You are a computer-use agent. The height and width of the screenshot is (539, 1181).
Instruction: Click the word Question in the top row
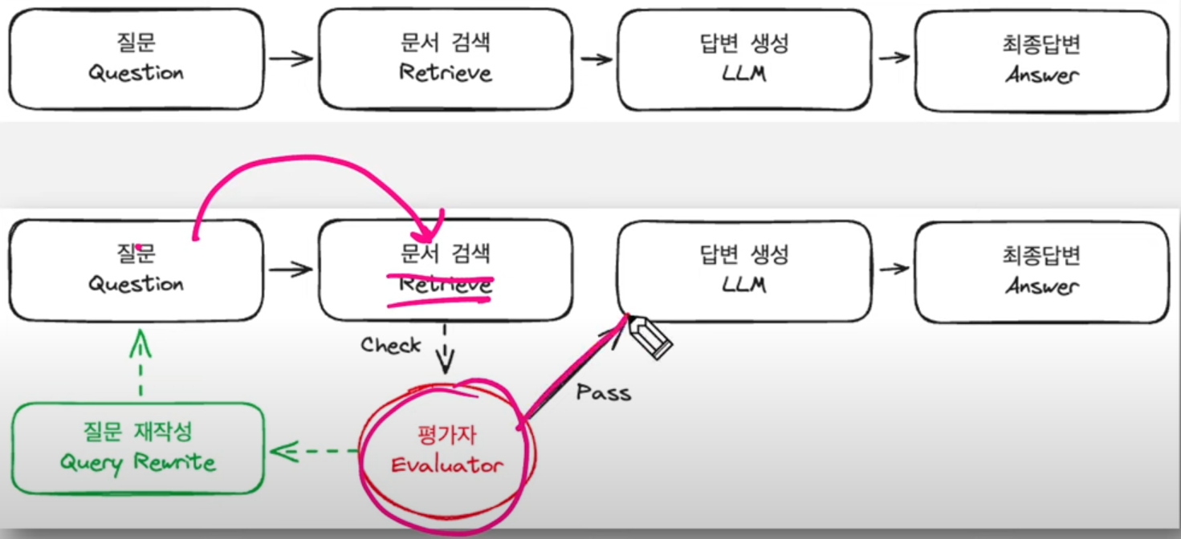[x=136, y=73]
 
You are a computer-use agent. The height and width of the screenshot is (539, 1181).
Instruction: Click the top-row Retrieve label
[x=445, y=73]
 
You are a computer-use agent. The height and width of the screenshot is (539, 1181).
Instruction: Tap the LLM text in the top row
[x=743, y=73]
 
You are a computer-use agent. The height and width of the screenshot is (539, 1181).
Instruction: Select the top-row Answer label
[x=1041, y=75]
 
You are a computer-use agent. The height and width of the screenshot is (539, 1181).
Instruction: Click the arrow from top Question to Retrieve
[x=290, y=59]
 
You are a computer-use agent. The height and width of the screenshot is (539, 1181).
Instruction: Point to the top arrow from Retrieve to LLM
[x=596, y=59]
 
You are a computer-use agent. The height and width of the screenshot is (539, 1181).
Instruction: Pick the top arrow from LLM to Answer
[x=894, y=58]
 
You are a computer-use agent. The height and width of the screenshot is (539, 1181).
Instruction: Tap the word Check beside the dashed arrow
[x=391, y=346]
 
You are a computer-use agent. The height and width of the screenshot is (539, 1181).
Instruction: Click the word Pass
[x=604, y=392]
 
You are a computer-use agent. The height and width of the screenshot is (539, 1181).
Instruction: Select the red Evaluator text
[x=446, y=465]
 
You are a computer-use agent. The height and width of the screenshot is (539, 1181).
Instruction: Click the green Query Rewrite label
[x=137, y=463]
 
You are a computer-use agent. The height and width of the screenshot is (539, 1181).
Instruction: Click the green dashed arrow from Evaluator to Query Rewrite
[x=314, y=452]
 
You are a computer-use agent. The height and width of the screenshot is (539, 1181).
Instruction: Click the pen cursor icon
[x=653, y=338]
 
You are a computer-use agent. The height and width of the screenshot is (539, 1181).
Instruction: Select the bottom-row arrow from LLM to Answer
[x=894, y=268]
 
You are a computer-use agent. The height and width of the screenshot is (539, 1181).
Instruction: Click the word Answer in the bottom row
[x=1041, y=286]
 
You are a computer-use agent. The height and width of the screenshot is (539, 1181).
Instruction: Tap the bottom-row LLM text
[x=743, y=284]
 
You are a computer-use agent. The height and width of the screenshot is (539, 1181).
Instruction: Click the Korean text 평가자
[x=446, y=436]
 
